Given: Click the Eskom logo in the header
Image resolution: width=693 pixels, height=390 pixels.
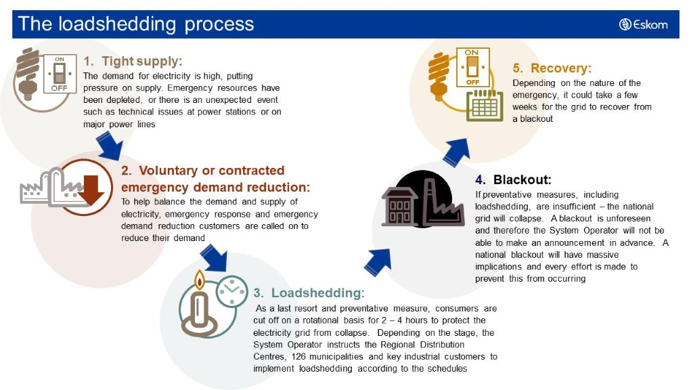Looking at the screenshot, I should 643,24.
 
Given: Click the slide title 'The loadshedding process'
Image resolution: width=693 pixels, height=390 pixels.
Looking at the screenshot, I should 136,24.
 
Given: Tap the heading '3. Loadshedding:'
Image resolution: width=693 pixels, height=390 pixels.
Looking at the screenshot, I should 309,292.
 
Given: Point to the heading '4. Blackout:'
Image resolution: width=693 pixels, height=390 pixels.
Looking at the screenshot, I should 513,180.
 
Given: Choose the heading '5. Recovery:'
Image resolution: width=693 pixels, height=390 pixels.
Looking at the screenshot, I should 552,68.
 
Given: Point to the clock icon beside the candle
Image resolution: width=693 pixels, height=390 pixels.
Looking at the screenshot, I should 231,292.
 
